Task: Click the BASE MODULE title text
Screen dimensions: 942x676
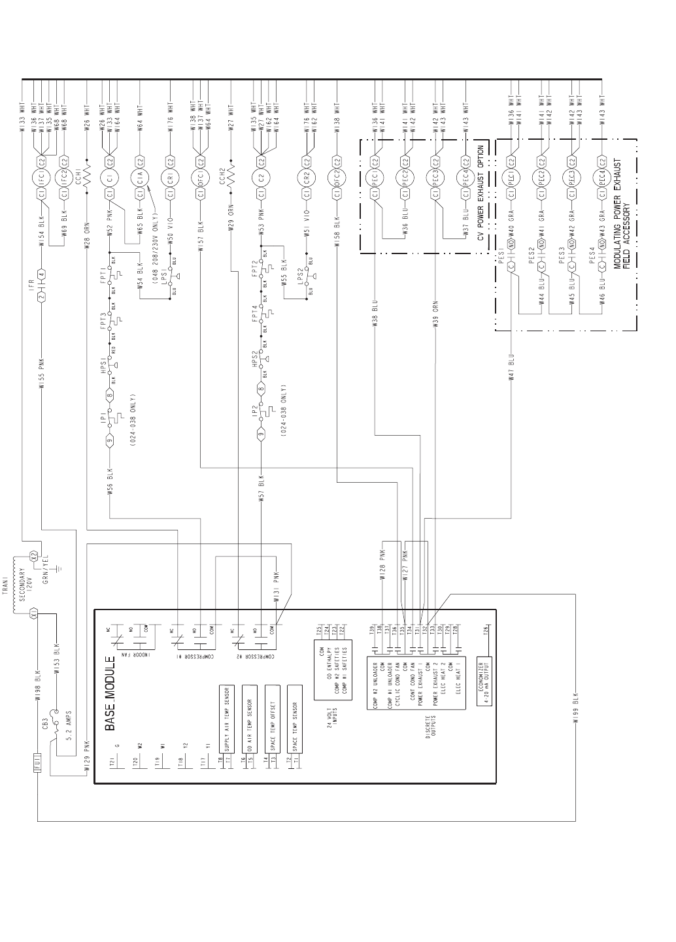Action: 110,692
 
